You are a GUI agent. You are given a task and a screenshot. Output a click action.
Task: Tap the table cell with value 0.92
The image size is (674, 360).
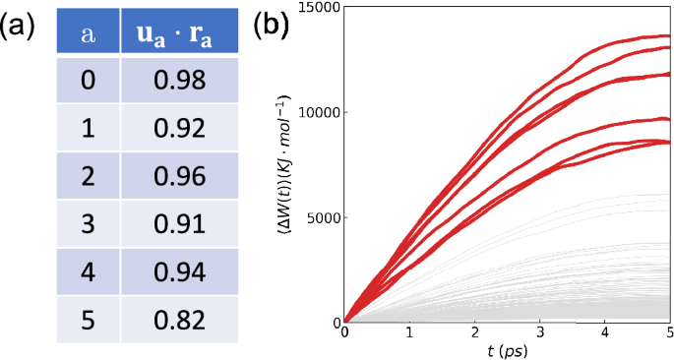(179, 128)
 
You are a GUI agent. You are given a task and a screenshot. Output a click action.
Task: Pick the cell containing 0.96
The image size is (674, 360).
(179, 176)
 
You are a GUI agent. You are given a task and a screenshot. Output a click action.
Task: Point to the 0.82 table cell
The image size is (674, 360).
(179, 320)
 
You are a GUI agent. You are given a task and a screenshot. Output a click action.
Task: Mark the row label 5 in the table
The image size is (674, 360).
(87, 320)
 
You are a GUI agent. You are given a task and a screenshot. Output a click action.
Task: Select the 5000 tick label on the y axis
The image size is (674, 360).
(322, 217)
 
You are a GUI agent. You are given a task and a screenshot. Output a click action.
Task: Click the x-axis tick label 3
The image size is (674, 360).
(539, 335)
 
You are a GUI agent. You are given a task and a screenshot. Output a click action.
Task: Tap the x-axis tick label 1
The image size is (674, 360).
(409, 335)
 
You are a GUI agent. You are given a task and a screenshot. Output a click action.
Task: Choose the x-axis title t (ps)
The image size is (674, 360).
(508, 351)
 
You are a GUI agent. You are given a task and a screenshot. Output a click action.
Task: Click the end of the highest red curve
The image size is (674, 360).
(669, 36)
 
